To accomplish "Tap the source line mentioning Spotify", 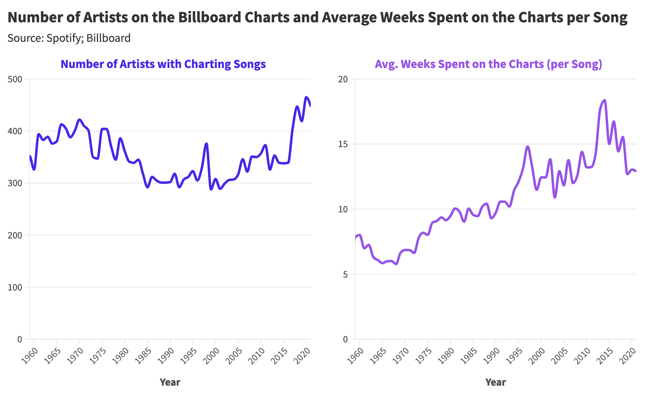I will click(x=69, y=38).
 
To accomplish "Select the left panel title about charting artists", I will click(x=163, y=64).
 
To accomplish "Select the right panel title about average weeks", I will click(x=488, y=64).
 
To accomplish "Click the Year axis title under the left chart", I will click(x=170, y=382).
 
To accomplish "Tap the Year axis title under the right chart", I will click(x=496, y=382).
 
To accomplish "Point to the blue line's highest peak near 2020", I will click(x=306, y=97).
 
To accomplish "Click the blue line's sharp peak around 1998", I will click(x=206, y=143).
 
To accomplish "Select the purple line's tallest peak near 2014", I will click(x=605, y=100).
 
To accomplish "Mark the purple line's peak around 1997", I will click(x=528, y=146).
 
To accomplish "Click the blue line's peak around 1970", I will click(x=79, y=120).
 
